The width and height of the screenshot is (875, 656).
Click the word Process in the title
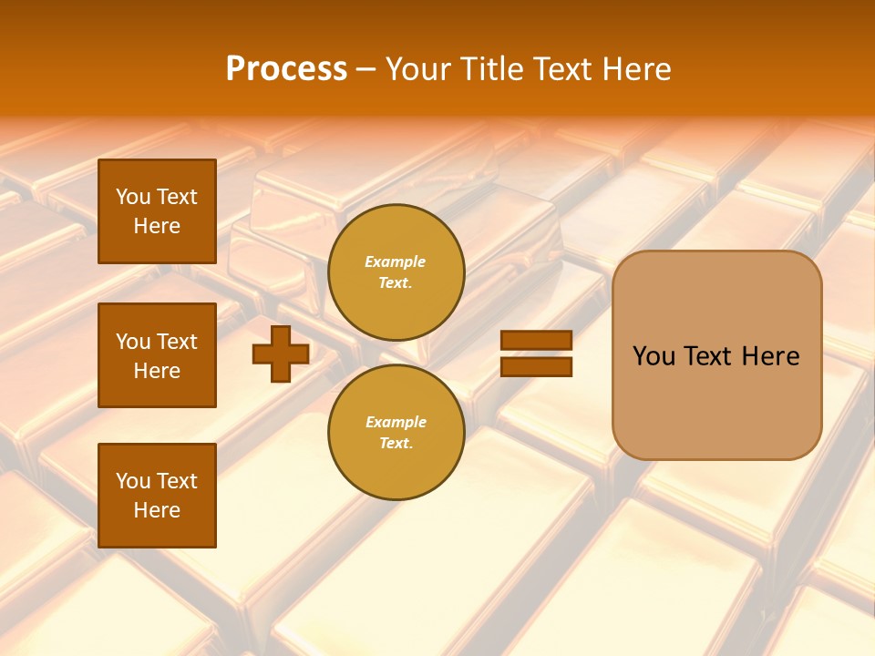[286, 69]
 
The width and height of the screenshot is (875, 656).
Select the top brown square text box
[157, 211]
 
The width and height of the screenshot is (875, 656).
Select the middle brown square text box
[157, 355]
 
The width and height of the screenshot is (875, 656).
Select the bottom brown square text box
[157, 495]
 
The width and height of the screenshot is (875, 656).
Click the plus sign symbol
[281, 354]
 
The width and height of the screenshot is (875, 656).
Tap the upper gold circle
[396, 272]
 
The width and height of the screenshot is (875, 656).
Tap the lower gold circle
[396, 432]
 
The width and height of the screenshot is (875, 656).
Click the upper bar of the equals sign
[536, 341]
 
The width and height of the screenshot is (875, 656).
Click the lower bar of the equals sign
[536, 366]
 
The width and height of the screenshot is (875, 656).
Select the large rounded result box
[716, 355]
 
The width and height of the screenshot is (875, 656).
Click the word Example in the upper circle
[396, 261]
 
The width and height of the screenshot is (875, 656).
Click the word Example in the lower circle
[396, 422]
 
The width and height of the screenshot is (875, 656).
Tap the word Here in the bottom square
[157, 510]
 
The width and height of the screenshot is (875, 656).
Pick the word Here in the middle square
[157, 371]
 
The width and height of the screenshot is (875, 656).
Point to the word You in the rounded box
[654, 356]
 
